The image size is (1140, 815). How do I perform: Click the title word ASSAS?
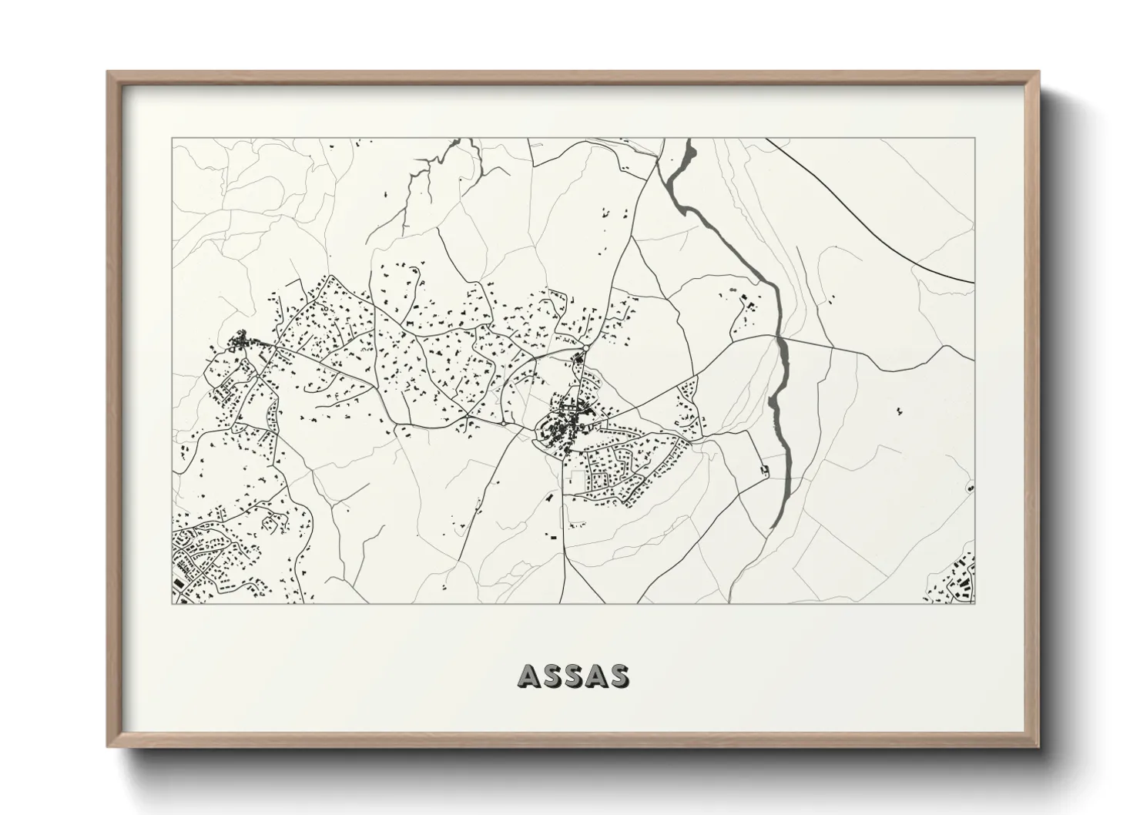click(x=574, y=676)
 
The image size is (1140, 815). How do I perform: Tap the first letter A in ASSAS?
click(x=530, y=676)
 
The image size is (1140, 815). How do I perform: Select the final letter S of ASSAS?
click(x=619, y=676)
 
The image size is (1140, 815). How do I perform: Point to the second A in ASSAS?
click(x=596, y=676)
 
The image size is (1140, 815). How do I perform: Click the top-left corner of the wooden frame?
click(x=109, y=72)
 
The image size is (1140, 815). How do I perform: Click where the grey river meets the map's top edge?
click(x=688, y=141)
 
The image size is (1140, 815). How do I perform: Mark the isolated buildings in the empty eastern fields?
click(x=899, y=411)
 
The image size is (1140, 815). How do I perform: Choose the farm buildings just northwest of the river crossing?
click(x=745, y=303)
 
